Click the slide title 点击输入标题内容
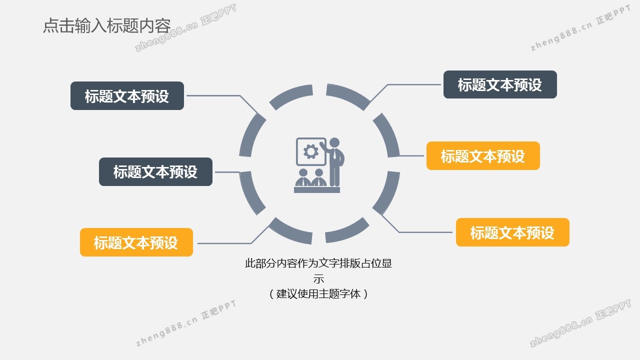pyautogui.click(x=107, y=25)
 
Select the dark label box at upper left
pyautogui.click(x=127, y=95)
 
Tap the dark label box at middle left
pyautogui.click(x=155, y=171)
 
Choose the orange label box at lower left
pyautogui.click(x=136, y=242)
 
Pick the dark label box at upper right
pyautogui.click(x=500, y=84)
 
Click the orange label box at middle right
pyautogui.click(x=483, y=155)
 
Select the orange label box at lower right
pyautogui.click(x=512, y=232)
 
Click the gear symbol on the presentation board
pyautogui.click(x=311, y=151)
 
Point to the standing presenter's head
pyautogui.click(x=334, y=143)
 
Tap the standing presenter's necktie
pyautogui.click(x=334, y=154)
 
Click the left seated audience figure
pyautogui.click(x=303, y=177)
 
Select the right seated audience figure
pyautogui.click(x=319, y=177)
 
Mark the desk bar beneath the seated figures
pyautogui.click(x=317, y=190)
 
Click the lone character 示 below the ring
pyautogui.click(x=318, y=278)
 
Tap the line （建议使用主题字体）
pyautogui.click(x=318, y=293)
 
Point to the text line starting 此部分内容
pyautogui.click(x=318, y=263)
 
